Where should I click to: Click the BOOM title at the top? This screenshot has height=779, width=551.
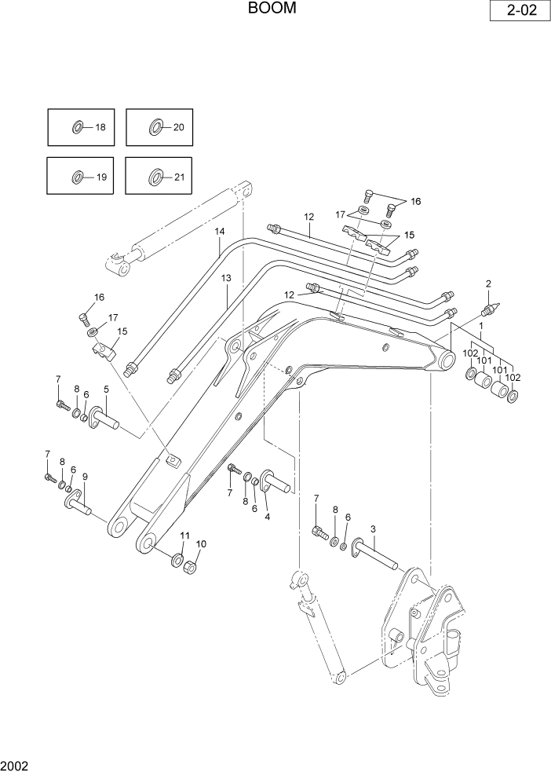272,9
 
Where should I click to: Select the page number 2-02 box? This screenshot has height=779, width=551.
516,13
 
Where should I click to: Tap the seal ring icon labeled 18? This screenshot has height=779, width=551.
78,127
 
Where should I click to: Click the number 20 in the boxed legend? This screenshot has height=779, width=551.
178,127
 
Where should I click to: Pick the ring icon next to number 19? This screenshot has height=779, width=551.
78,177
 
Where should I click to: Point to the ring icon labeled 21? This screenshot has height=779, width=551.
155,177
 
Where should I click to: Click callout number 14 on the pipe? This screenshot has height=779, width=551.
220,231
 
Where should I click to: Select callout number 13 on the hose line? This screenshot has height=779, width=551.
226,278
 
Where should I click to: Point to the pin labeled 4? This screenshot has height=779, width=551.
275,484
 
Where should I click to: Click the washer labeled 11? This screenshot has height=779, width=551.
177,561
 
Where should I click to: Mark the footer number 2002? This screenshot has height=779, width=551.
15,764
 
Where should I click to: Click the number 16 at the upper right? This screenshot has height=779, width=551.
415,201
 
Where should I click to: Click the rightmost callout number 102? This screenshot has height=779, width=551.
513,377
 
